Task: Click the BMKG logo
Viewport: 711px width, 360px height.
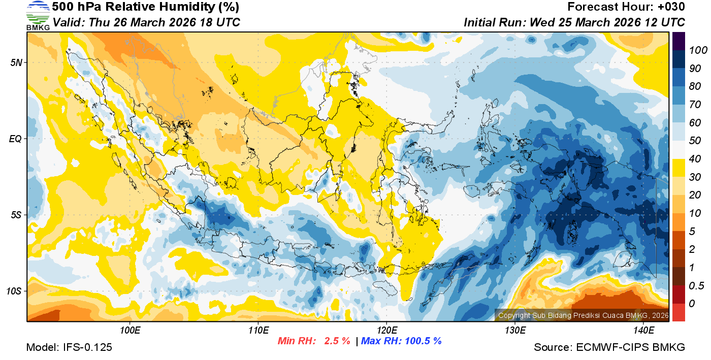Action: click(38, 16)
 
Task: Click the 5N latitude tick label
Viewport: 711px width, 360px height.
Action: click(16, 62)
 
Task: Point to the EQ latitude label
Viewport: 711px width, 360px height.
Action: click(15, 139)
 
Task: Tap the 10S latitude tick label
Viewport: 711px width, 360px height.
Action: click(14, 291)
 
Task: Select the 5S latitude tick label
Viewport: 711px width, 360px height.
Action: click(16, 215)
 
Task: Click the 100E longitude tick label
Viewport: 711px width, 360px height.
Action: click(130, 331)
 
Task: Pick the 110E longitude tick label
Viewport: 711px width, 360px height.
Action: click(258, 331)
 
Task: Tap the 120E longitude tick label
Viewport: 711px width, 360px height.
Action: click(386, 331)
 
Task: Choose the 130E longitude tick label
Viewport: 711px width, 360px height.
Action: click(514, 331)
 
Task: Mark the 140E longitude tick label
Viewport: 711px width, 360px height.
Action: click(643, 331)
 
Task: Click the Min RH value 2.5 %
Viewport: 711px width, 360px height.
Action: click(337, 341)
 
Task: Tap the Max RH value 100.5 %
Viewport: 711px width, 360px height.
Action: click(422, 341)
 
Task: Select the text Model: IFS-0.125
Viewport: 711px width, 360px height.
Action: click(69, 348)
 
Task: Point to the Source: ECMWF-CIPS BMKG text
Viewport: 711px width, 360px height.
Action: click(609, 348)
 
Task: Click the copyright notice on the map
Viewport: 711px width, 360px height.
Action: click(583, 315)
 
